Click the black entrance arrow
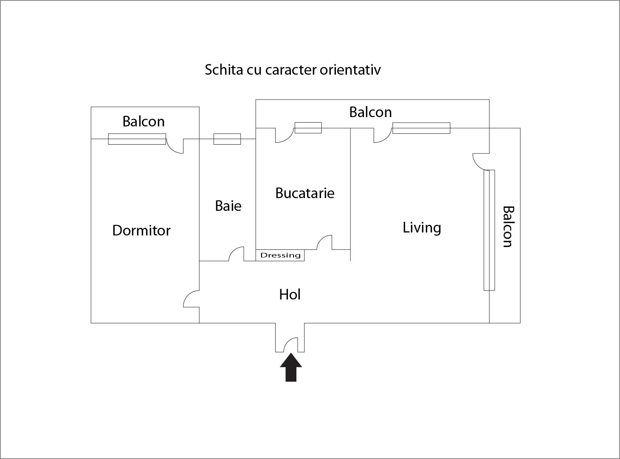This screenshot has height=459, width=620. [290, 368]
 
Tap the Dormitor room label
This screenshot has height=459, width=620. [141, 230]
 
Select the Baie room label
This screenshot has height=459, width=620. [228, 206]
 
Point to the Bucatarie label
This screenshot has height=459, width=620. [304, 193]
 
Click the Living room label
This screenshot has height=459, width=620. [422, 228]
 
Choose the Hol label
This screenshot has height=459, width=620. [290, 294]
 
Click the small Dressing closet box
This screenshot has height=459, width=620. [280, 255]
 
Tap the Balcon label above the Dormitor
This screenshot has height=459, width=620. [144, 121]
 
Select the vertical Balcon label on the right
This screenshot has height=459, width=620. [508, 227]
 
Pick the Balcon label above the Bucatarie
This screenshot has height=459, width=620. [370, 112]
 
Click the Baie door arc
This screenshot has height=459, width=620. [236, 254]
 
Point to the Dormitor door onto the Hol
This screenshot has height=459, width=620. [191, 299]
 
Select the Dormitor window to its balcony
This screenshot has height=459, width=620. [137, 139]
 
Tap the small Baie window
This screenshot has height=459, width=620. [227, 139]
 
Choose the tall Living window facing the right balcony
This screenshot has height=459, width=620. [489, 230]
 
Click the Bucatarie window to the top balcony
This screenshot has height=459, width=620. [308, 128]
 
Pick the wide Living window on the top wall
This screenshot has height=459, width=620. [421, 128]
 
